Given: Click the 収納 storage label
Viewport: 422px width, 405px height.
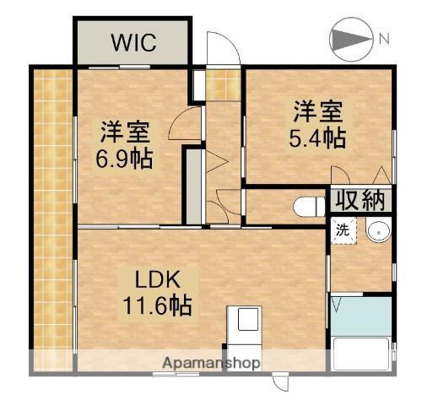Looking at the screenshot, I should [361, 201].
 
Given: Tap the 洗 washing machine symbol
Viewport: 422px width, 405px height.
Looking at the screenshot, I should [343, 229].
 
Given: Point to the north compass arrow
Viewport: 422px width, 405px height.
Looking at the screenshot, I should [347, 40].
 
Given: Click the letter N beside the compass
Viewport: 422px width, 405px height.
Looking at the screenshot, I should [384, 39].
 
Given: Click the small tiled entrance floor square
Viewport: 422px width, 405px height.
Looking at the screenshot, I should [223, 83].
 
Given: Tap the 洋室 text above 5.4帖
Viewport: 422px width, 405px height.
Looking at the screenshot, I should [319, 111].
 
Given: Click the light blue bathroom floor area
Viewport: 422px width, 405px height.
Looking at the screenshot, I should [361, 315].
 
